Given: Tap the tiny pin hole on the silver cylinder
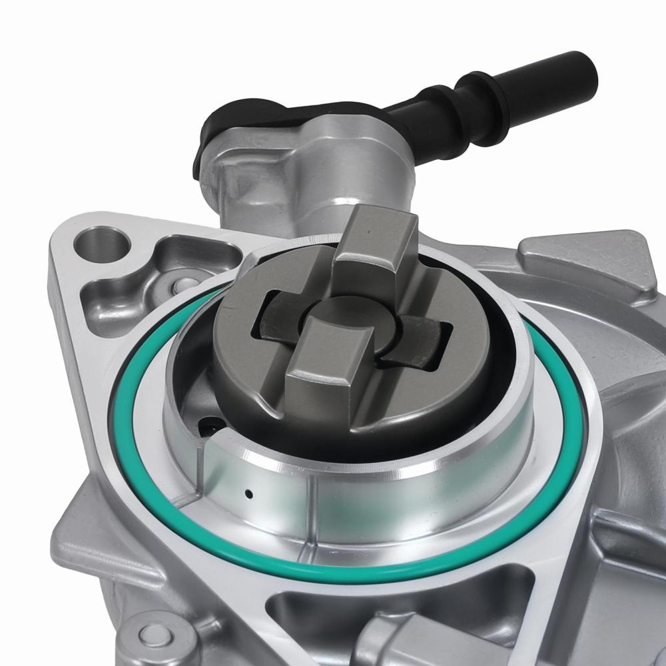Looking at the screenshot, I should pyautogui.click(x=248, y=494).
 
